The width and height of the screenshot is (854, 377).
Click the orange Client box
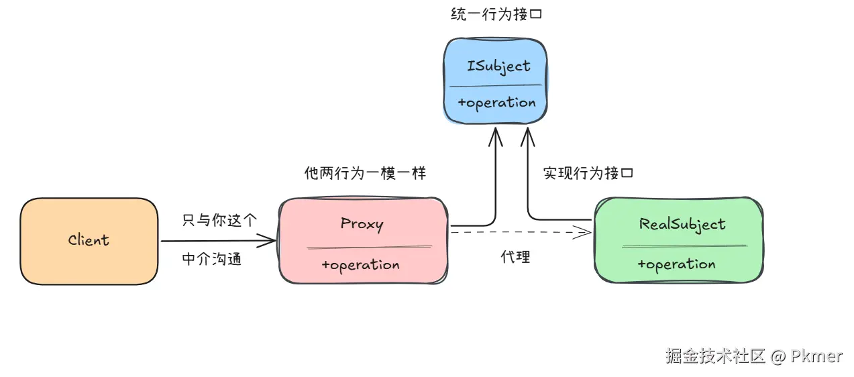tap(89, 240)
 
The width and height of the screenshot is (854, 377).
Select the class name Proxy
tap(362, 223)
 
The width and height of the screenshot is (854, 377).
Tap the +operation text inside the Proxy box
tap(360, 265)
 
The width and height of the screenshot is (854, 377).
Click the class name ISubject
tap(498, 66)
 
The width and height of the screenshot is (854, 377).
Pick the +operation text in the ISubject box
tap(496, 103)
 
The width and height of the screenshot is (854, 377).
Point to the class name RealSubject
tap(682, 224)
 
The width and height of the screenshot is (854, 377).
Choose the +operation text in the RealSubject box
tap(676, 264)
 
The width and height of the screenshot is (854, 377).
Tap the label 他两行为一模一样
tap(365, 173)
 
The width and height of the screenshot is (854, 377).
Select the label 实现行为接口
tap(588, 173)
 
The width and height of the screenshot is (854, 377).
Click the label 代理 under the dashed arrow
tap(515, 257)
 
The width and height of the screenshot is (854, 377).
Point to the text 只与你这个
tap(219, 220)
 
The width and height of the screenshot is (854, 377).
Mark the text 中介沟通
tap(212, 260)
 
